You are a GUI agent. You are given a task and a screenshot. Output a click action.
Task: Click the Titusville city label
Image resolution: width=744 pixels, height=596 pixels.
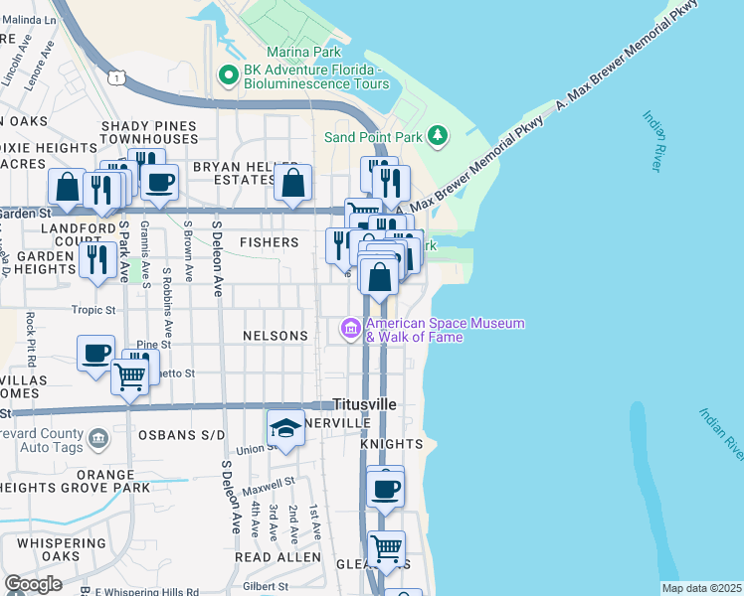click(364, 405)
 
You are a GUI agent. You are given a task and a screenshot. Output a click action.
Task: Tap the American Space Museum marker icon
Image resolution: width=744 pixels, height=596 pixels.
click(350, 328)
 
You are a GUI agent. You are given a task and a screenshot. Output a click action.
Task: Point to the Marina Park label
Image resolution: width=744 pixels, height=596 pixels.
click(303, 52)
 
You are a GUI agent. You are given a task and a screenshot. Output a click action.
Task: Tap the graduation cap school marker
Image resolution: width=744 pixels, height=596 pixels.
click(285, 428)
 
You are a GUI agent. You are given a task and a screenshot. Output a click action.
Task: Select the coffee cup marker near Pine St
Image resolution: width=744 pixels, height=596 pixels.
click(96, 353)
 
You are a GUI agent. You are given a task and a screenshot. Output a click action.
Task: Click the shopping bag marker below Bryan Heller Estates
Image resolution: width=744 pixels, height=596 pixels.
click(292, 183)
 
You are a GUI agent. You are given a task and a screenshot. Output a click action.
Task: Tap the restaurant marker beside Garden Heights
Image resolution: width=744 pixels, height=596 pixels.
click(96, 260)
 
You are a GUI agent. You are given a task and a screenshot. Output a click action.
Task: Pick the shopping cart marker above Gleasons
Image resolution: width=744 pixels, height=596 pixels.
click(386, 546)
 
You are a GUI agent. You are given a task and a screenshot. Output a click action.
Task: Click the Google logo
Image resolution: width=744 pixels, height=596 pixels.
click(33, 583)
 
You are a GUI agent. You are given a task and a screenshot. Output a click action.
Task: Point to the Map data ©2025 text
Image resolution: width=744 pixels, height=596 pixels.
click(701, 588)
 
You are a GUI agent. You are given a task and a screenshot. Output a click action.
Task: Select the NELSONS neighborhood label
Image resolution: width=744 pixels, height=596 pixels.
click(276, 336)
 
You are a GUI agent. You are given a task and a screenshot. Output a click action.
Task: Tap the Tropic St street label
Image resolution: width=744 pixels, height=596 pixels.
click(94, 310)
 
